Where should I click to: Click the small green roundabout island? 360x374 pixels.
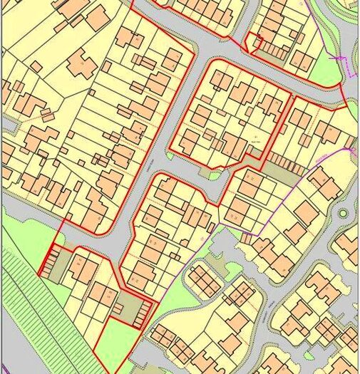pos(344,213)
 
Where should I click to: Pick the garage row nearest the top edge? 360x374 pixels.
pos(271,50)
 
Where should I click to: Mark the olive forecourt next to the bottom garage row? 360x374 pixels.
pos(128,306)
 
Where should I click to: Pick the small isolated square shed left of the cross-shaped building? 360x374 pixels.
pos(34,66)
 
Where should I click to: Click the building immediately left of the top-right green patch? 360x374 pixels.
pos(303,60)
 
